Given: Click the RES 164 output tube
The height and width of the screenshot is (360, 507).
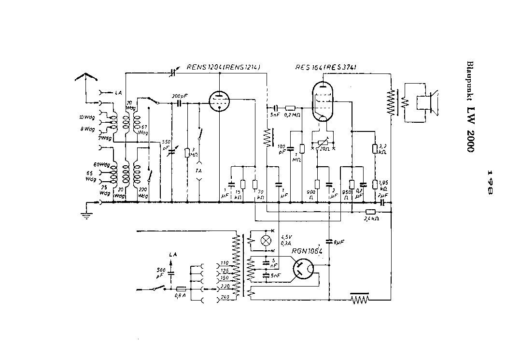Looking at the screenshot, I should point(323,102).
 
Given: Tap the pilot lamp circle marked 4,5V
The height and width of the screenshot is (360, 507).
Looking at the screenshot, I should point(265,241).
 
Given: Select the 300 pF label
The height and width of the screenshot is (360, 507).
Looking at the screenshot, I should point(179,95).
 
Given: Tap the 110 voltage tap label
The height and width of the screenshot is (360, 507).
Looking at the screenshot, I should point(224,263).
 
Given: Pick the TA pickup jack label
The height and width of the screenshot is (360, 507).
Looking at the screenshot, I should point(198,171).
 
